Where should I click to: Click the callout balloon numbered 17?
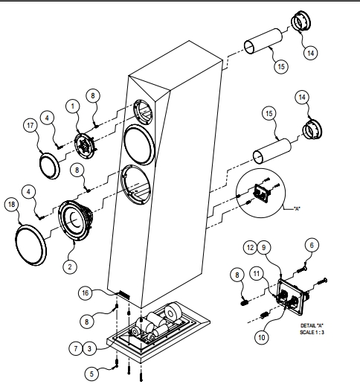(30, 125)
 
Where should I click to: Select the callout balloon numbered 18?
(11, 205)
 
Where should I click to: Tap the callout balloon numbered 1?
(73, 106)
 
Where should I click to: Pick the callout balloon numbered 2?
(70, 267)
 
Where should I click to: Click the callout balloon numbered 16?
(85, 293)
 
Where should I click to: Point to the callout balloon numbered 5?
(91, 374)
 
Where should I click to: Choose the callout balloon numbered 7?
(76, 348)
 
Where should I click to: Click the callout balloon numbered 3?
(89, 349)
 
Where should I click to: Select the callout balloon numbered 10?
(262, 337)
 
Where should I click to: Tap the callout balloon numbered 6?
(312, 246)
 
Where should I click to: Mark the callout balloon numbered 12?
(250, 248)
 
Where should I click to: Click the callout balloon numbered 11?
(257, 274)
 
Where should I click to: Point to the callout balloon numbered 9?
(264, 248)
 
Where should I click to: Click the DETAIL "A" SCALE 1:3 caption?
(312, 329)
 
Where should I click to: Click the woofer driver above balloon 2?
(76, 220)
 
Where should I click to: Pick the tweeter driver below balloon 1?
(85, 146)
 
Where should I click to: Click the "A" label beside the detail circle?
(297, 208)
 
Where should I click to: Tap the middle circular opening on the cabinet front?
(139, 144)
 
